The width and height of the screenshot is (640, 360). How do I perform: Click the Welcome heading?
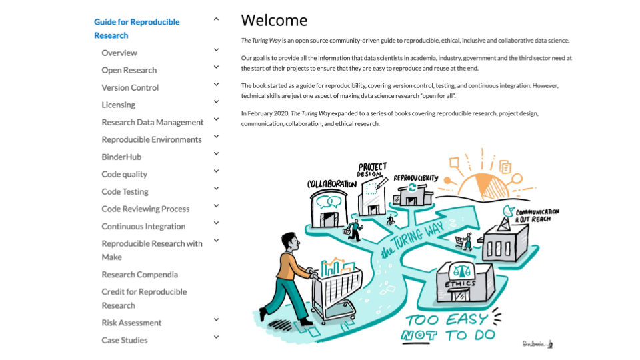pos(274,20)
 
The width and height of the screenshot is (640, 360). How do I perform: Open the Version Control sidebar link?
pos(130,87)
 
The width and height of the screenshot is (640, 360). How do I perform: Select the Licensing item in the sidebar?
pos(118,105)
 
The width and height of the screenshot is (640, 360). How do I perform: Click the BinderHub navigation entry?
pos(121,157)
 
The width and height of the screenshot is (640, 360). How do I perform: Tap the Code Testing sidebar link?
pos(125,191)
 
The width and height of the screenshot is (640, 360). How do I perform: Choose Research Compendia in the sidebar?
pos(139,274)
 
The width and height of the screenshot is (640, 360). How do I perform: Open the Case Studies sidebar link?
pos(125,340)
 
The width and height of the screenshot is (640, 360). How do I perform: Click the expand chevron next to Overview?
pos(216,50)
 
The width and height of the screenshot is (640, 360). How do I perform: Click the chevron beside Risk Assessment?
pos(216,320)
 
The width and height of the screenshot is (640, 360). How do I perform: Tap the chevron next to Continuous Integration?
pos(216,223)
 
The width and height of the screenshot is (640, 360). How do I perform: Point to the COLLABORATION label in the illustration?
pos(331,184)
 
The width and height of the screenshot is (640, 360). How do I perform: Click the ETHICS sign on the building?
pos(461,284)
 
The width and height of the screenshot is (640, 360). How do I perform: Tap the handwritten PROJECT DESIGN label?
pos(372,170)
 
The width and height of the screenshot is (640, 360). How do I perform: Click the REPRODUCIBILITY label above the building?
pos(415,178)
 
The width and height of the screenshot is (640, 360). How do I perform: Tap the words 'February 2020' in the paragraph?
pos(267,113)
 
